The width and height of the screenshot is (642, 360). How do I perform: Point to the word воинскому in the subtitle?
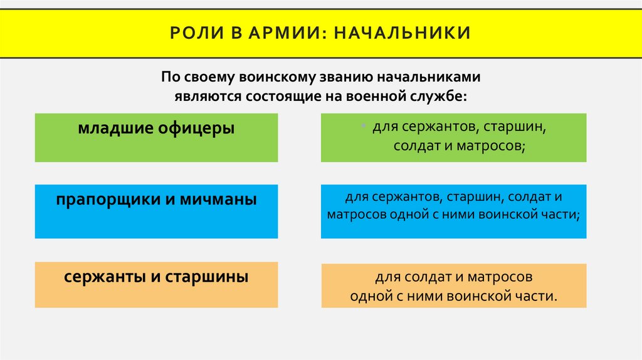pyautogui.click(x=287, y=78)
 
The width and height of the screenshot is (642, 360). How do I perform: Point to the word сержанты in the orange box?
pyautogui.click(x=102, y=277)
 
